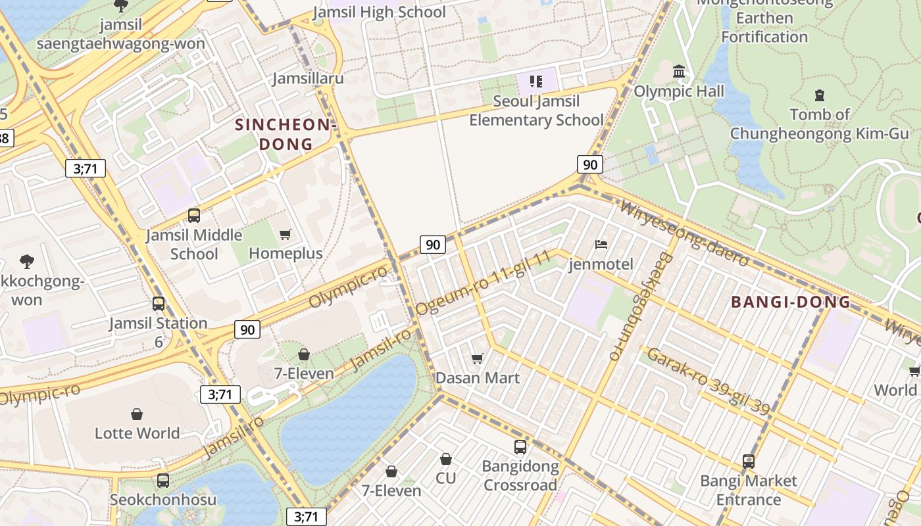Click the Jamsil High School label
379,12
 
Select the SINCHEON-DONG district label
286,134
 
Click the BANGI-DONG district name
791,302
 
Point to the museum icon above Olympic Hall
679,71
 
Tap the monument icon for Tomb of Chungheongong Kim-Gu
819,95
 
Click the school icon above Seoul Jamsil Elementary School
536,82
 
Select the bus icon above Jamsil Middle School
193,215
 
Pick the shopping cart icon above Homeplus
286,234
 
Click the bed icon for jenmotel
601,245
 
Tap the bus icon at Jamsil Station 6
158,303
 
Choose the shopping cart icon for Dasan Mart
478,358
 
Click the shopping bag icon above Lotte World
137,414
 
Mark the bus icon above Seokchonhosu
162,480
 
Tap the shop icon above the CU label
445,459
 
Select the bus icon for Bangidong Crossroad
520,447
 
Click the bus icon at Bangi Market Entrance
748,461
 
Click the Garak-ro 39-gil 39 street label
708,381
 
